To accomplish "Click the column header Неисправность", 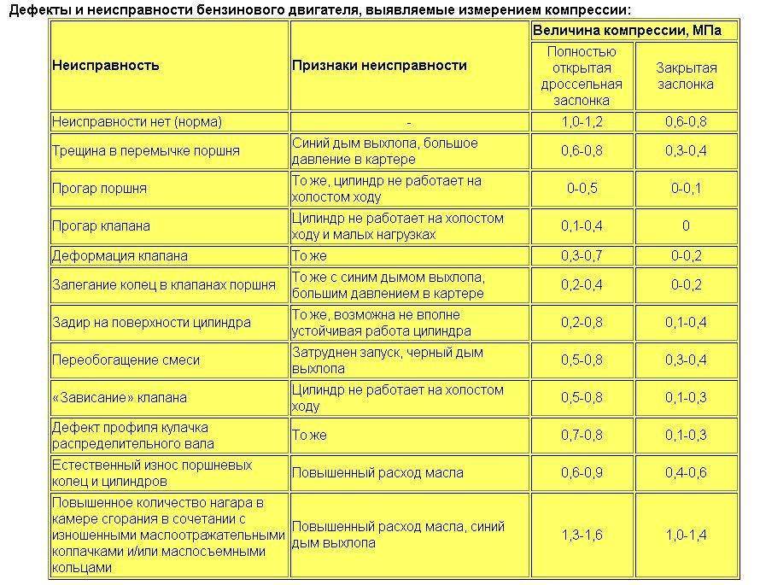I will [106, 66].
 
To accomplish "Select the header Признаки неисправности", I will [379, 66].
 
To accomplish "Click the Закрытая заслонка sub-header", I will [686, 76].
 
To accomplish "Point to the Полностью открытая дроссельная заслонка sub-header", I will [582, 76].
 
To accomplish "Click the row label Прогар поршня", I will [100, 189].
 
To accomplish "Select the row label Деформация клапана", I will [120, 255].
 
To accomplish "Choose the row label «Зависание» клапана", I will [119, 398].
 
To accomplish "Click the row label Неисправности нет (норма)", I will [136, 122].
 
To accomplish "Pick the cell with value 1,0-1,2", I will [582, 122].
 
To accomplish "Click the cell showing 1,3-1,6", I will [582, 535].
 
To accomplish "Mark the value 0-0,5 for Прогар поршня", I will [582, 189].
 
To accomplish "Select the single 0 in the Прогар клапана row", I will [686, 226].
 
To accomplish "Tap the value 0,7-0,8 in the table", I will [582, 436].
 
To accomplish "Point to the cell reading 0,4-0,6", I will [686, 471].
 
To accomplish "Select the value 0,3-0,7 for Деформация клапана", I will [582, 255].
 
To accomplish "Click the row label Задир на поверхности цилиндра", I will [151, 323].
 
